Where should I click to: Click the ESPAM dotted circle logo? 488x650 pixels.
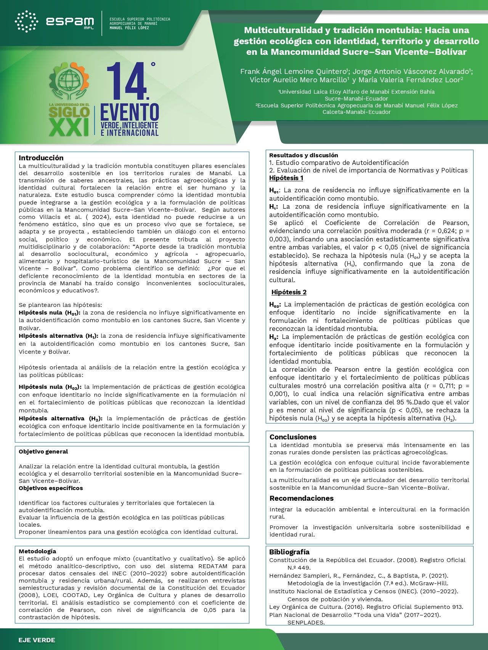26,21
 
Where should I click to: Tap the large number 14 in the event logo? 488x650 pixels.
127,81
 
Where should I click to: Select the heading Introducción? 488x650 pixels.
41,158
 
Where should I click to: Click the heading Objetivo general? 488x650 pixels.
43,452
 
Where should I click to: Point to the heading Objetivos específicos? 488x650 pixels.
51,488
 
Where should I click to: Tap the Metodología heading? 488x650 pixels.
37,551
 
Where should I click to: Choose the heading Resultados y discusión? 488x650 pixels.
303,155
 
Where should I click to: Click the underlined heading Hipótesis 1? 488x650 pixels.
286,178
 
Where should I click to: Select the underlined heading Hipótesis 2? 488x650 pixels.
289,292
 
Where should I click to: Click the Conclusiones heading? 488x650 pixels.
293,437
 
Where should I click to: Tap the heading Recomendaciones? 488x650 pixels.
301,498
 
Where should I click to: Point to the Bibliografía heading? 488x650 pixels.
289,552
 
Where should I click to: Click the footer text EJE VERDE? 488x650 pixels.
37,640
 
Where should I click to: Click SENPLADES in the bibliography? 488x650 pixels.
306,623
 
